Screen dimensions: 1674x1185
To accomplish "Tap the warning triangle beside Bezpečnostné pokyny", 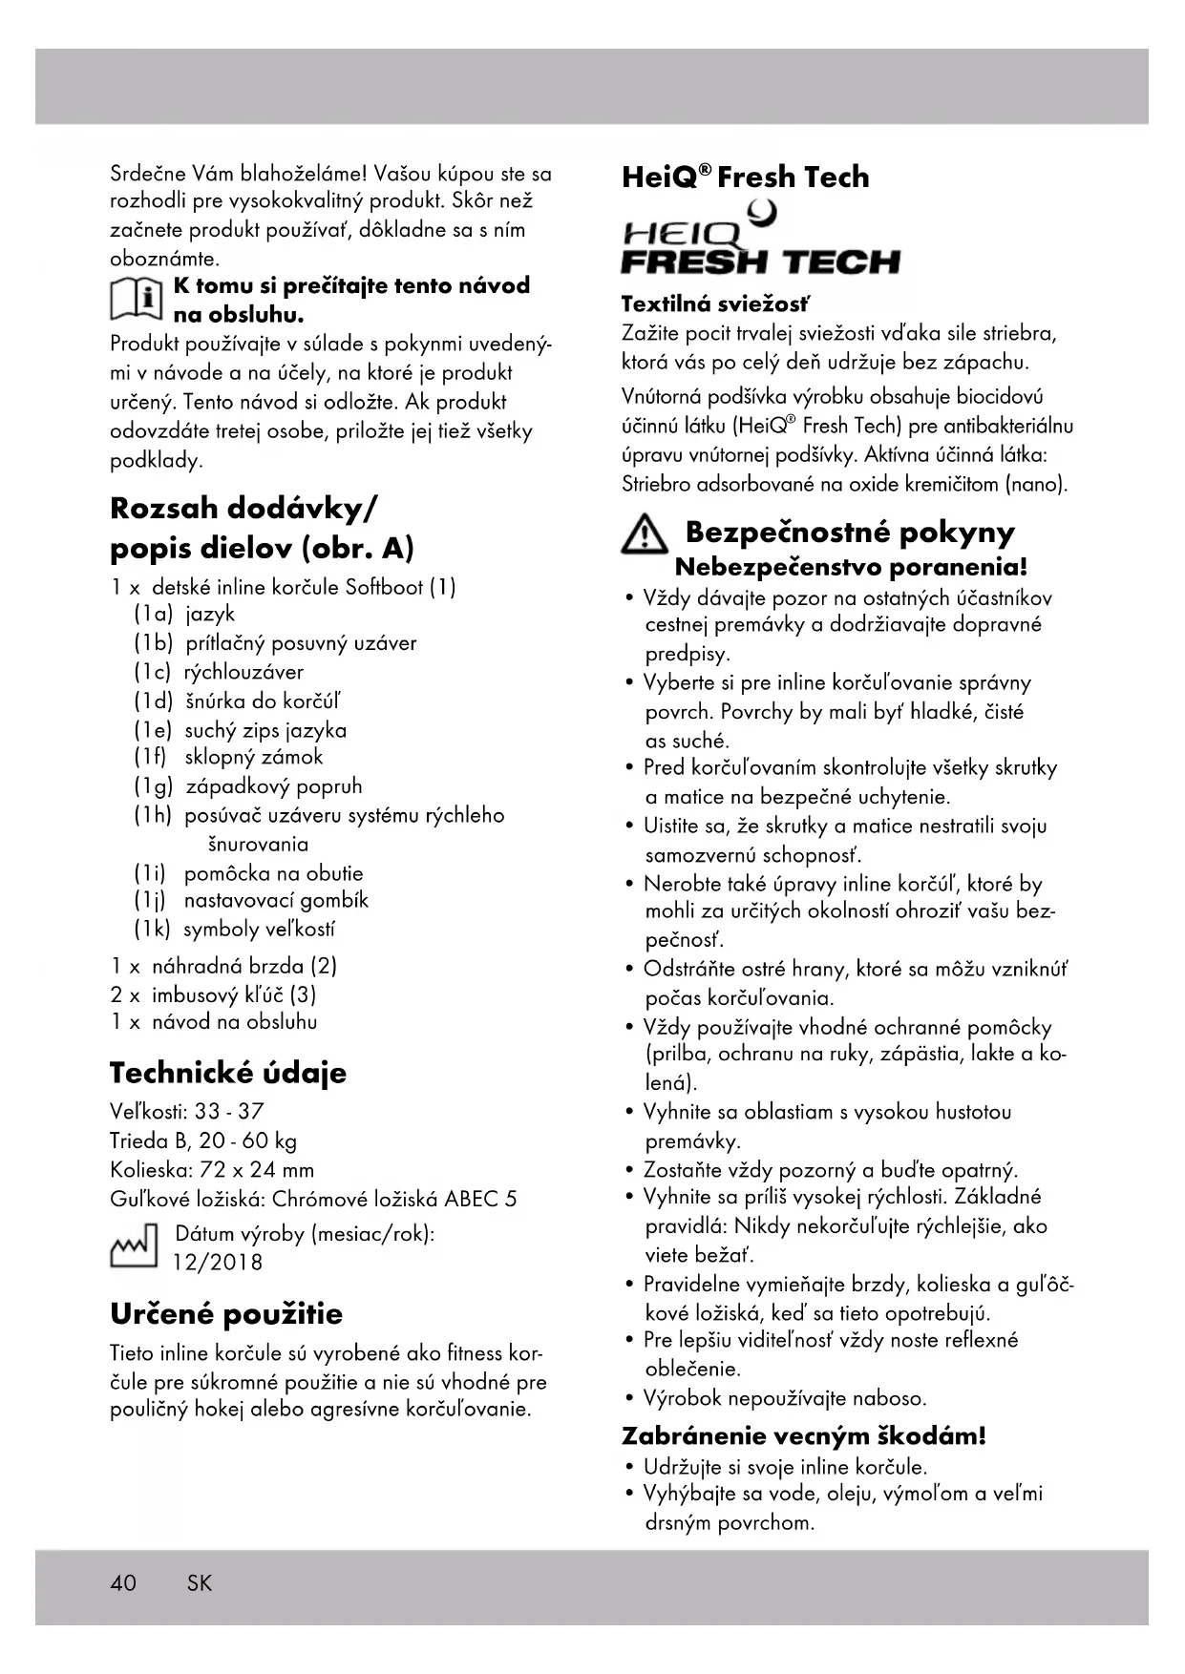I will pos(645,534).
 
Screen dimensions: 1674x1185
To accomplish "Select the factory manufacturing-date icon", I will pos(134,1246).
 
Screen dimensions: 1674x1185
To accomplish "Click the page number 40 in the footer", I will pos(123,1582).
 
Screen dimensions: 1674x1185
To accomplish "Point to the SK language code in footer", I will pos(200,1582).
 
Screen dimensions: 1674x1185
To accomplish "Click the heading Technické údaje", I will pos(228,1073).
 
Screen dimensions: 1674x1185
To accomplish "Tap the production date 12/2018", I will pos(217,1262).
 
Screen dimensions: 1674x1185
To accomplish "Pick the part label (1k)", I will pos(153,930).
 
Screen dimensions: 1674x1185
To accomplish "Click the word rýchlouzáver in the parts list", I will pos(243,672).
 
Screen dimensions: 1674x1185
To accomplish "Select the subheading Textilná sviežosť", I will pos(715,304).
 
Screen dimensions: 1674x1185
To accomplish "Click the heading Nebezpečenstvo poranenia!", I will pos(851,567).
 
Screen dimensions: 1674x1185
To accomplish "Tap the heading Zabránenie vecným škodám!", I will pos(803,1435).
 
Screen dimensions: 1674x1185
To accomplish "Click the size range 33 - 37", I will pos(229,1112).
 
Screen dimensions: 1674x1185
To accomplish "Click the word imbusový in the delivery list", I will pos(195,994).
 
